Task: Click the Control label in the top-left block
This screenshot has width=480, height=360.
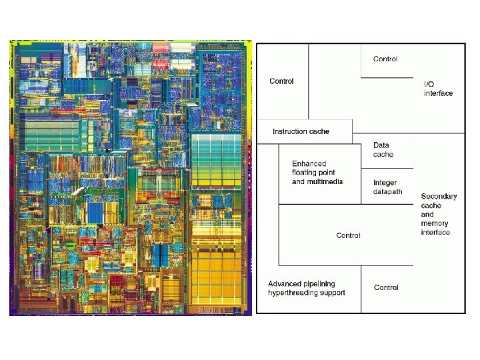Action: pos(281,81)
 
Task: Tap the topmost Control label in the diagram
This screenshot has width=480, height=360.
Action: pos(385,59)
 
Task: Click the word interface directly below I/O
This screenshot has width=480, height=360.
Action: pos(438,93)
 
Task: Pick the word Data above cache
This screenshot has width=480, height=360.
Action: pos(381,145)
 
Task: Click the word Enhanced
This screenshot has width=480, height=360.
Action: pos(309,164)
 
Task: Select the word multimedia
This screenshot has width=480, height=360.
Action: pos(325,181)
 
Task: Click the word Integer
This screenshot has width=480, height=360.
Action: pos(385,183)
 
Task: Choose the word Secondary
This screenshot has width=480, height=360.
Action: pos(439,197)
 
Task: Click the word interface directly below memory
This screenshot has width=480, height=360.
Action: pos(435,232)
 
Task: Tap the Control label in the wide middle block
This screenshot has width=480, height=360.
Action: pos(348,235)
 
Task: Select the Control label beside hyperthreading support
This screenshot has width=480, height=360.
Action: pos(386,287)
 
